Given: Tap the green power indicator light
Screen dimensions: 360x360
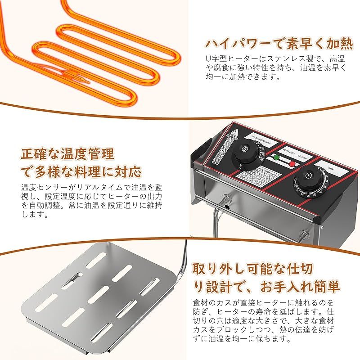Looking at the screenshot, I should (276, 158).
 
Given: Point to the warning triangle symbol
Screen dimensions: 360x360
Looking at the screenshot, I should (234, 133).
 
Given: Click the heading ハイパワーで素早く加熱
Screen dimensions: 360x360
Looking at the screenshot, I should (275, 43).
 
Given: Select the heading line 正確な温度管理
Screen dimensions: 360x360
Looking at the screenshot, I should (67, 154).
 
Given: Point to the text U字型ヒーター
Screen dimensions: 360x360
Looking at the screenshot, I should (229, 59).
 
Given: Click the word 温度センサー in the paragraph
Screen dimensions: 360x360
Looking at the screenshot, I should (45, 187).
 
